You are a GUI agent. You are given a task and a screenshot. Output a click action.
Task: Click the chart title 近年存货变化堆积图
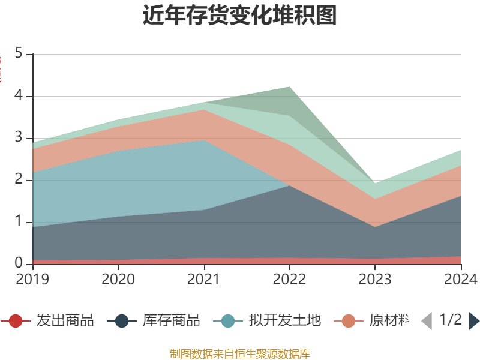click(240, 16)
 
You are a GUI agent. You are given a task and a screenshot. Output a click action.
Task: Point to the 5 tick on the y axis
click(19, 54)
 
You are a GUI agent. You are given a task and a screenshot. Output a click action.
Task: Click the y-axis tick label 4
click(19, 96)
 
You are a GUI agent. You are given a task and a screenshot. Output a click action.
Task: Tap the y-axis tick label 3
click(19, 138)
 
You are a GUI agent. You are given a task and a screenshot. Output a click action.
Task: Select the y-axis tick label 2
click(19, 180)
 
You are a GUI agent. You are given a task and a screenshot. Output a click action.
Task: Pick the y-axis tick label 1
click(19, 222)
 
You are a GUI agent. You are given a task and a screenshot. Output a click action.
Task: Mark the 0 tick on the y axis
click(19, 264)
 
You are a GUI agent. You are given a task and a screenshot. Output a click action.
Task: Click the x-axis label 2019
click(32, 279)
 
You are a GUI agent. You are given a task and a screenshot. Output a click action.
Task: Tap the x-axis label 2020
click(118, 279)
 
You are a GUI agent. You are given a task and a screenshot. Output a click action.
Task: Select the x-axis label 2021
click(204, 279)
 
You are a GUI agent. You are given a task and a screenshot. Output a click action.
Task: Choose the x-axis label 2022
click(289, 279)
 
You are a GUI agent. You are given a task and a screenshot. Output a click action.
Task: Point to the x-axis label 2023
click(375, 279)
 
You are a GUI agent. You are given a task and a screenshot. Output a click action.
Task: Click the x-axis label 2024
click(460, 279)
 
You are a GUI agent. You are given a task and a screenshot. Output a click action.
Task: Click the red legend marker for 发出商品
click(16, 321)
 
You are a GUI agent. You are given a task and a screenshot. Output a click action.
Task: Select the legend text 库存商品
click(171, 321)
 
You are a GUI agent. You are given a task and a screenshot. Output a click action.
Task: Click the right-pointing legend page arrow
click(474, 321)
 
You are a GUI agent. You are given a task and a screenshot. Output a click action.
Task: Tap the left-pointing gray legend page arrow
click(427, 321)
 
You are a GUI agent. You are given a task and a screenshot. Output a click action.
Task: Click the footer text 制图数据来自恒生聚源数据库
click(240, 353)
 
